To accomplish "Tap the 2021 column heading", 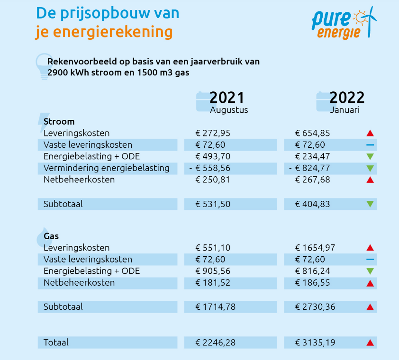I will tap(227, 98).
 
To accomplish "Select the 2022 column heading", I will tap(347, 98).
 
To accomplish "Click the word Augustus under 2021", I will tap(229, 110).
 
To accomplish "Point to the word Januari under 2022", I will tap(345, 110).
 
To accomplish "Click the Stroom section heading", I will tap(59, 122).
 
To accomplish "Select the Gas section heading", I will tap(51, 236).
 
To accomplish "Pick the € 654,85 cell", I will tap(313, 133).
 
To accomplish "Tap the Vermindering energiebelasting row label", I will tap(106, 168).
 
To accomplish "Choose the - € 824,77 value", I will tap(309, 168).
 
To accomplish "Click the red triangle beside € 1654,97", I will tap(370, 248).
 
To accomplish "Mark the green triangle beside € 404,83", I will tap(370, 205).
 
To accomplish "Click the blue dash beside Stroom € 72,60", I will tap(370, 145).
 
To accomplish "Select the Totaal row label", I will tap(56, 342).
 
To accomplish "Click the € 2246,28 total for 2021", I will tap(216, 342).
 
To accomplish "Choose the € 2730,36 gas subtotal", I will tap(315, 307).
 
